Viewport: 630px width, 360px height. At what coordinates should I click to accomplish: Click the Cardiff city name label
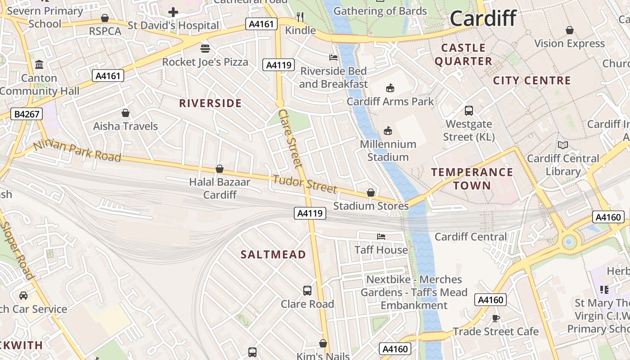click(483, 19)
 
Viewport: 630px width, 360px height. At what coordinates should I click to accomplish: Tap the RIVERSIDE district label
click(211, 103)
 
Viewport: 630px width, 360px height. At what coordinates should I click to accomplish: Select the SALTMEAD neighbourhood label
click(273, 255)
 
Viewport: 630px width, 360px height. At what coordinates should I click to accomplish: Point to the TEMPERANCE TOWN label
click(472, 179)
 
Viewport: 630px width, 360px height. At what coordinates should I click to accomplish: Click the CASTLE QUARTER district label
click(463, 54)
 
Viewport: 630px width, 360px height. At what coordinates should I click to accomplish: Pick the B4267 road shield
click(27, 114)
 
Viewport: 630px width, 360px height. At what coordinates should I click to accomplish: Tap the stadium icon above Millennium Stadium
click(387, 131)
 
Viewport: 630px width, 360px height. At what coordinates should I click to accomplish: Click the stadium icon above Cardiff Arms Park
click(390, 88)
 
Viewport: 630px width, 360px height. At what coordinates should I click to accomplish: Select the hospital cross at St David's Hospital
click(173, 12)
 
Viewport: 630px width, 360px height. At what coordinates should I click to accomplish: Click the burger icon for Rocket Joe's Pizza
click(205, 48)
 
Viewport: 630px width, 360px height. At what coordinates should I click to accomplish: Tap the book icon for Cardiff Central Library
click(562, 145)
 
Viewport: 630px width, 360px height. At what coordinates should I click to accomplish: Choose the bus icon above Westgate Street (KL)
click(469, 110)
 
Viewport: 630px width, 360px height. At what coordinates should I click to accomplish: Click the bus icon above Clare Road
click(307, 291)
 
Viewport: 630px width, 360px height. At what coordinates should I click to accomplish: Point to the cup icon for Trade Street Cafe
click(496, 318)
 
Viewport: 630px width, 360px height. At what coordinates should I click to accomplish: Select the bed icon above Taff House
click(381, 236)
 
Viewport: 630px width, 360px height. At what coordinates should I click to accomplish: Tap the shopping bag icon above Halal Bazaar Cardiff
click(220, 169)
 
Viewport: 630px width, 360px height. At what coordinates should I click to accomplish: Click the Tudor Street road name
click(305, 183)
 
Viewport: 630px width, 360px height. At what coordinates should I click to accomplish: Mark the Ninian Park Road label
click(77, 150)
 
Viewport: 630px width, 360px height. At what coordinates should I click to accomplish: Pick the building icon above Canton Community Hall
click(39, 65)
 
